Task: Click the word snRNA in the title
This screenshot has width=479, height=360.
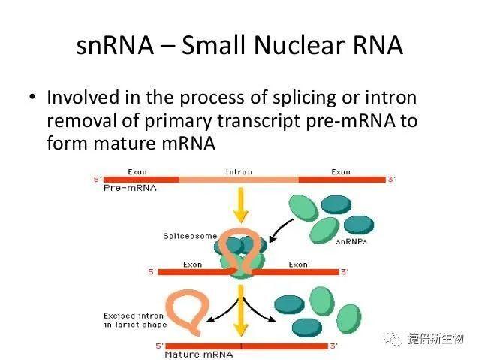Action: click(x=115, y=45)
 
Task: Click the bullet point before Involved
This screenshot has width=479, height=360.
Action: click(x=32, y=97)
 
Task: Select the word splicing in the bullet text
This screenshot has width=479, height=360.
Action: click(x=304, y=98)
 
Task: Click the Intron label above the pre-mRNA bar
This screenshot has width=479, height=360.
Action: click(x=239, y=172)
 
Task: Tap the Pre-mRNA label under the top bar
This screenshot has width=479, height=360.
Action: click(x=130, y=188)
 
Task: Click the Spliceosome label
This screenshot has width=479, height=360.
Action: click(x=190, y=236)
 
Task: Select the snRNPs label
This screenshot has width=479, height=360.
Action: click(x=351, y=242)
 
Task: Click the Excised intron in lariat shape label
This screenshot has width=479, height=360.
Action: click(x=135, y=320)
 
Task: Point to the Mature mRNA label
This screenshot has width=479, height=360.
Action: click(x=198, y=355)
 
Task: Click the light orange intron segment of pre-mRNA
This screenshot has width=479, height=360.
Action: click(x=239, y=180)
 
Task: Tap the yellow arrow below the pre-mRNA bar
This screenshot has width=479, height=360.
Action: click(x=241, y=205)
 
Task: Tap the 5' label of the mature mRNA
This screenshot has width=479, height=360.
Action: click(x=159, y=346)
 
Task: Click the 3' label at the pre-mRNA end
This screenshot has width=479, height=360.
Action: click(x=391, y=179)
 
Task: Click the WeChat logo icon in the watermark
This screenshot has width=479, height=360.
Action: click(x=393, y=339)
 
